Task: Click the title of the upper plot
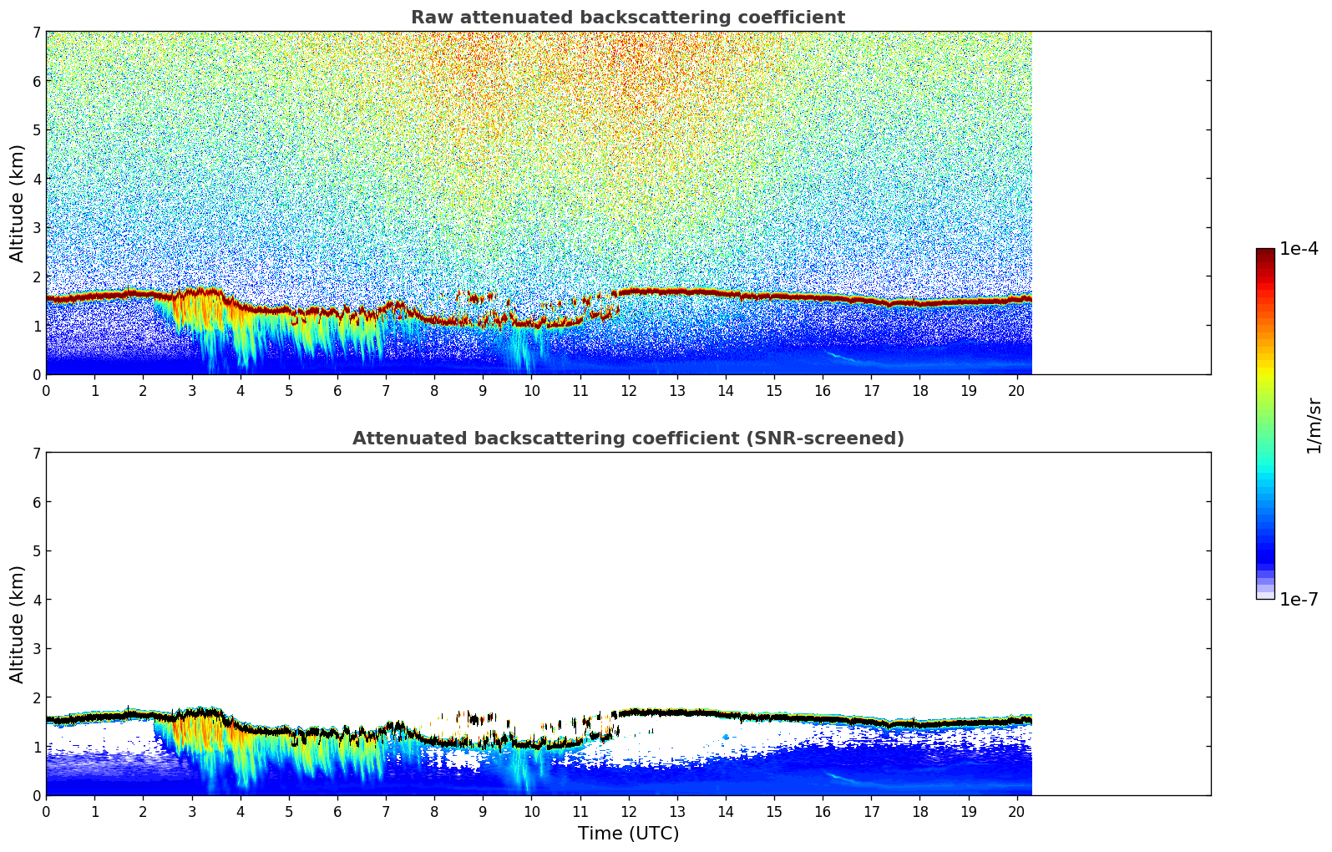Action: (x=627, y=18)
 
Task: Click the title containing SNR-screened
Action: (x=627, y=439)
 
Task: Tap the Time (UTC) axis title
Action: (x=628, y=834)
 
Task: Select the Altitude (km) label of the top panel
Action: (x=18, y=203)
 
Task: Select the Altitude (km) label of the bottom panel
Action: (x=18, y=624)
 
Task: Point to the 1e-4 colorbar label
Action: (x=1299, y=249)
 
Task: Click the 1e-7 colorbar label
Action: (x=1299, y=599)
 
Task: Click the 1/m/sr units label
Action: (x=1314, y=425)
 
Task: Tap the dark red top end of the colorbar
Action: (x=1265, y=252)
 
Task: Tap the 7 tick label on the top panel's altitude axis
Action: (x=36, y=32)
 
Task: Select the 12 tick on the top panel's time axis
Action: (x=628, y=390)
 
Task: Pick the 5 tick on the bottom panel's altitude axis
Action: (x=36, y=550)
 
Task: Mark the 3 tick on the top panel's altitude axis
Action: (x=36, y=227)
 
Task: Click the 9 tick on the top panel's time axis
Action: (x=483, y=390)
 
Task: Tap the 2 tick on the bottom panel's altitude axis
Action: (x=36, y=697)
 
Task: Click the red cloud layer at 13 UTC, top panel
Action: (x=676, y=292)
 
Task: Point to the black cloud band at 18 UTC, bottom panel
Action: (x=919, y=723)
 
